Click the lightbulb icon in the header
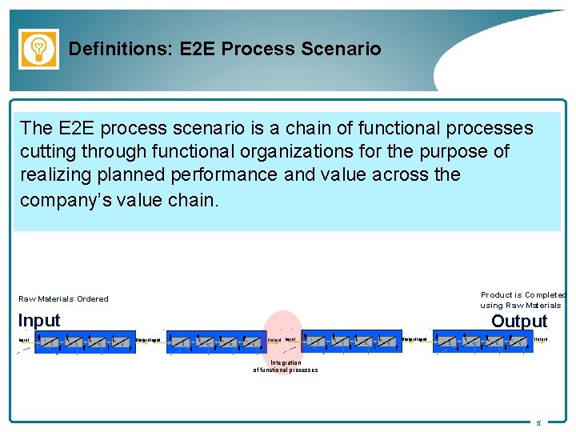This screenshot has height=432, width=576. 38,49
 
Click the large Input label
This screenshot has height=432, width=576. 39,321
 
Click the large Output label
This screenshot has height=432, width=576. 519,321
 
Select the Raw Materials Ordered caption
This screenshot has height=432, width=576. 63,299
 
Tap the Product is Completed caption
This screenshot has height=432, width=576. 522,299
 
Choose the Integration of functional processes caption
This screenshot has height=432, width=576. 286,366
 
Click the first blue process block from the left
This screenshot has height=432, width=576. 79,342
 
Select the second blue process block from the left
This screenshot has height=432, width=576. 214,342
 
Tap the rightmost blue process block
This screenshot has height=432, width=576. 482,342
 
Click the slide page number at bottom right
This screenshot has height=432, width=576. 538,422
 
